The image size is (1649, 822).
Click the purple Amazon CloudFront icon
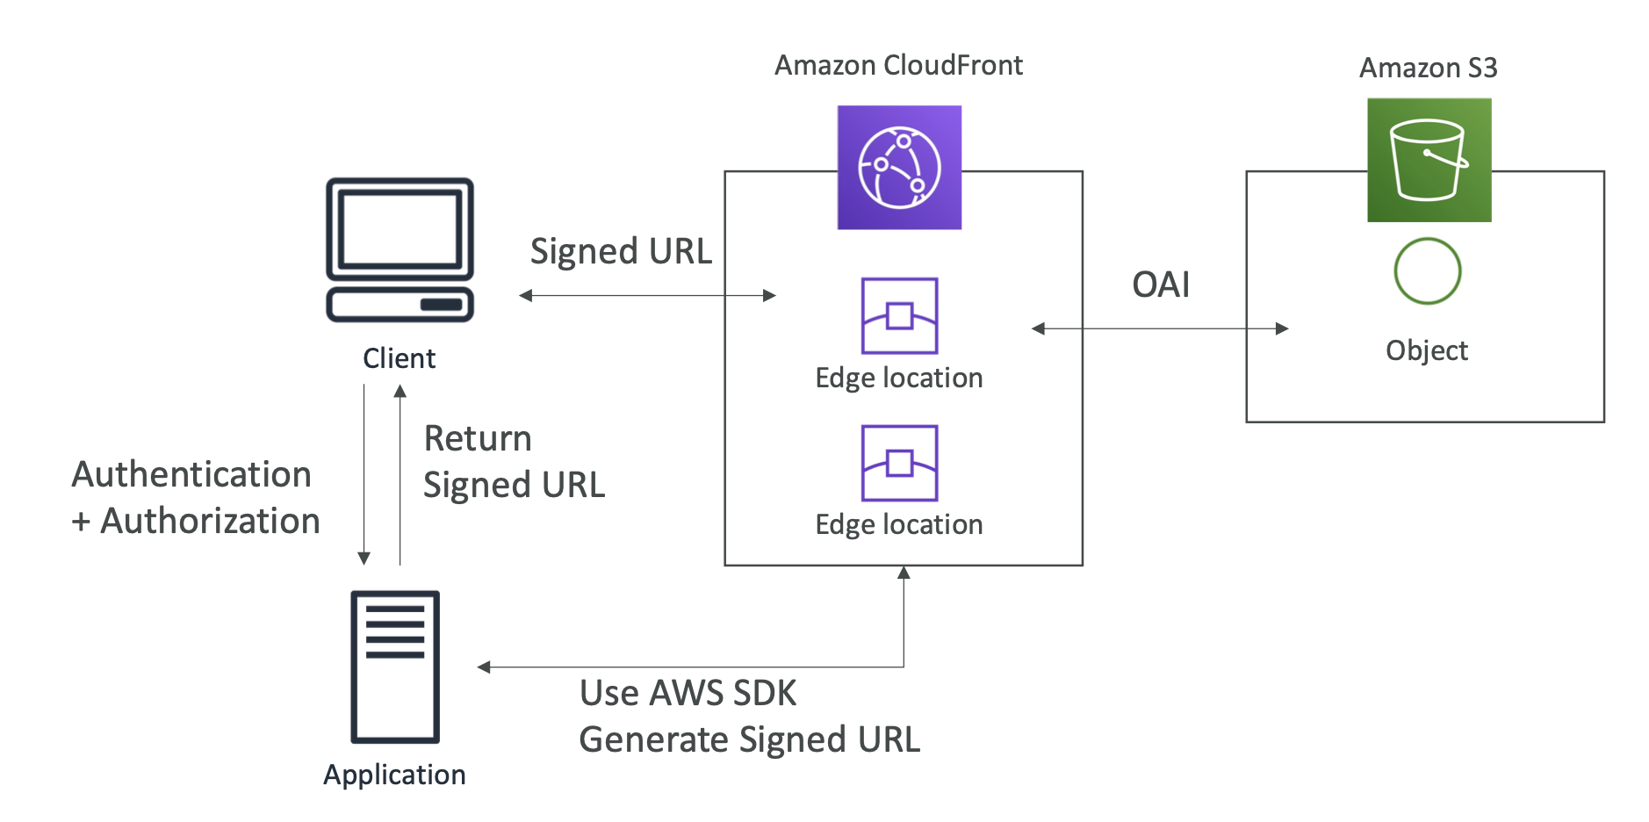click(898, 167)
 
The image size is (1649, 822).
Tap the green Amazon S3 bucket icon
click(1429, 160)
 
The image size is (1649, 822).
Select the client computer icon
click(400, 250)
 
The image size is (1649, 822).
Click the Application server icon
click(395, 667)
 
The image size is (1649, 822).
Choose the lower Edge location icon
click(899, 463)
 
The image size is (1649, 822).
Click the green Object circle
click(1427, 271)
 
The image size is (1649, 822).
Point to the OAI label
click(1161, 285)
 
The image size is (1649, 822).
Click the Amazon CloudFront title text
click(898, 65)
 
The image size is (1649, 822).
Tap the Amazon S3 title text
click(1428, 68)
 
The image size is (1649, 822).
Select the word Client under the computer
click(399, 358)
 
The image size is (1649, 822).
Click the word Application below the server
click(394, 775)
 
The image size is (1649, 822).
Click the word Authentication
click(191, 474)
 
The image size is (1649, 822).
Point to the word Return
click(478, 438)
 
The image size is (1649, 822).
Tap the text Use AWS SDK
click(688, 693)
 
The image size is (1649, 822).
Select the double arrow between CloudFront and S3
click(1159, 328)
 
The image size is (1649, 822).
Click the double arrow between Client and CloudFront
click(647, 296)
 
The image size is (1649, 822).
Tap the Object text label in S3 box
click(1426, 350)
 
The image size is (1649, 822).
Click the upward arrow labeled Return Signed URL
click(400, 474)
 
